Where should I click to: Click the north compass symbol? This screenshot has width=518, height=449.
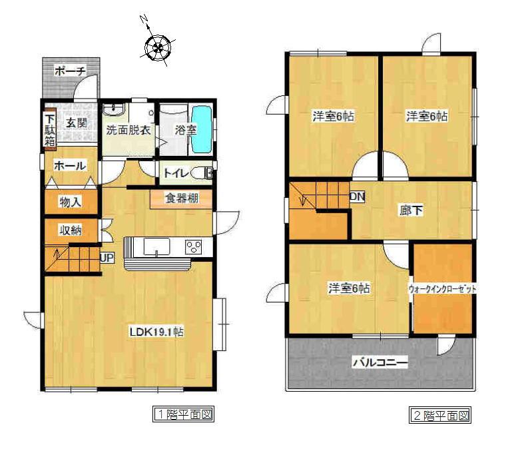point(158,47)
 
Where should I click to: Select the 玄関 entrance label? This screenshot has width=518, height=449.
point(76,123)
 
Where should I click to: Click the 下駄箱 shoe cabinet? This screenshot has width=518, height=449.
point(50,126)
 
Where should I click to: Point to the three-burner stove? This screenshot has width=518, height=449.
point(194,246)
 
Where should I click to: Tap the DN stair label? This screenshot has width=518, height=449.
point(357,197)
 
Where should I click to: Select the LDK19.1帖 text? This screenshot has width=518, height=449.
point(156,332)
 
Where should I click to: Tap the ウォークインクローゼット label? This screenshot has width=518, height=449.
point(443,289)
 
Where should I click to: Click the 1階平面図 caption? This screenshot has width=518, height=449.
point(184,415)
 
